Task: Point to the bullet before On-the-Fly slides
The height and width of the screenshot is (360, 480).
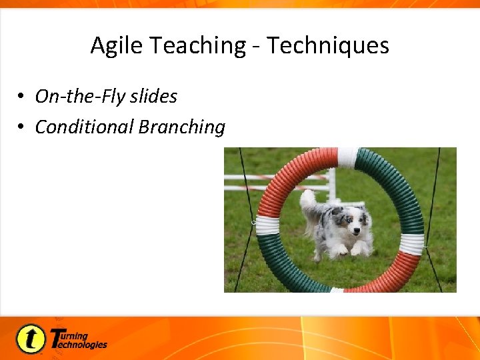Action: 22,97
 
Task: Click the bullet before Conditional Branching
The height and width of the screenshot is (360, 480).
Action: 22,127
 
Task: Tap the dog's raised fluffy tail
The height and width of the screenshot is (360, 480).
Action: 308,200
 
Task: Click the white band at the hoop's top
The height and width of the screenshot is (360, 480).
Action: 347,157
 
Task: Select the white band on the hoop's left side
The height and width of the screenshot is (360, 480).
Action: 267,225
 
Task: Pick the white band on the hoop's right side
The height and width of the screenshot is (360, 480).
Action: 412,244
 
